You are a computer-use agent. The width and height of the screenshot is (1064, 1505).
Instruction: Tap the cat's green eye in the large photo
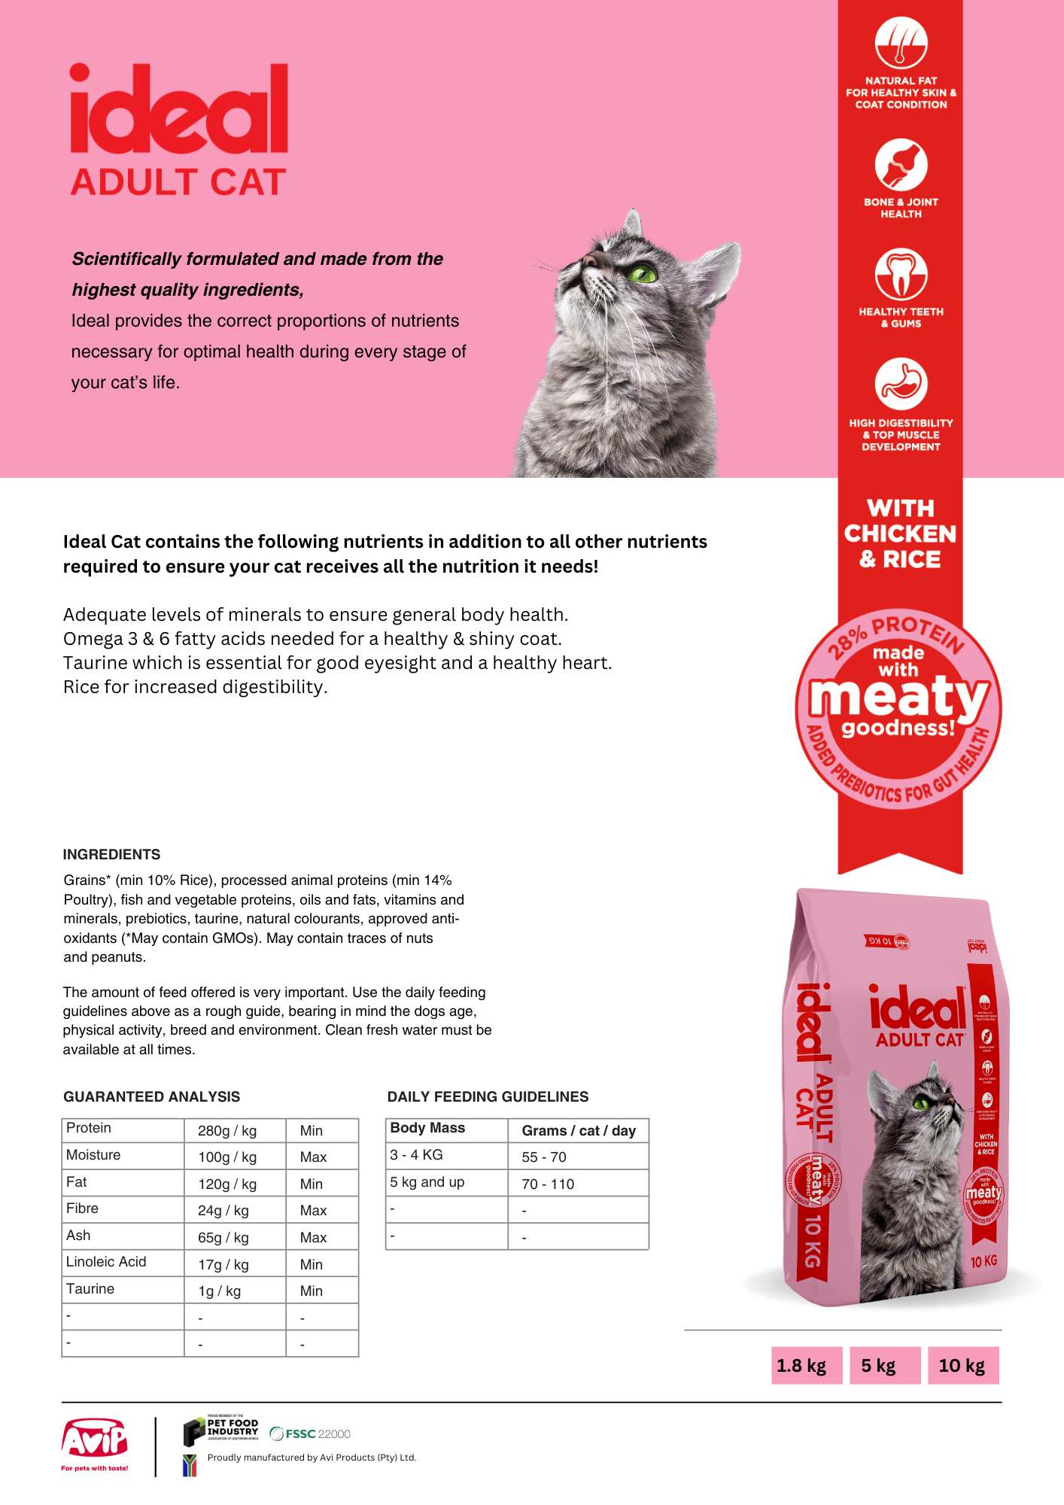pyautogui.click(x=642, y=272)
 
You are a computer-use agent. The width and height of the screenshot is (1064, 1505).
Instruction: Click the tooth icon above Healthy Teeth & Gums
pyautogui.click(x=901, y=274)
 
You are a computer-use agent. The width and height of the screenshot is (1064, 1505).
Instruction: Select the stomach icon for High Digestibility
pyautogui.click(x=901, y=384)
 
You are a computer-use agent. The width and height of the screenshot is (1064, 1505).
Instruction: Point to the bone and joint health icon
pyautogui.click(x=901, y=165)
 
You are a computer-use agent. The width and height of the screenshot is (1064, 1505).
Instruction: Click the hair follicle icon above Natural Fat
pyautogui.click(x=901, y=43)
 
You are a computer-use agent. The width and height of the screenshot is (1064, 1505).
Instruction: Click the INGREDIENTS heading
pyautogui.click(x=111, y=854)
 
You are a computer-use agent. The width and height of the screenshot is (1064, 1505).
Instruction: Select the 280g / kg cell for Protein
pyautogui.click(x=227, y=1130)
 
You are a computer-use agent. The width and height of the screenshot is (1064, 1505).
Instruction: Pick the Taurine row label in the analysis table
pyautogui.click(x=90, y=1289)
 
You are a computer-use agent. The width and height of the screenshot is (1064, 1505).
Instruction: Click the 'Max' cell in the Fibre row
pyautogui.click(x=313, y=1210)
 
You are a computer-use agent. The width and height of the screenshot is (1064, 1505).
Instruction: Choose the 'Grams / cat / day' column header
pyautogui.click(x=579, y=1130)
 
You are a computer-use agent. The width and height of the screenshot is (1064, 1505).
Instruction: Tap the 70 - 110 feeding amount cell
pyautogui.click(x=548, y=1184)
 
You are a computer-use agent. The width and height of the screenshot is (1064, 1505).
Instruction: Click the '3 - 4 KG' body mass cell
pyautogui.click(x=416, y=1155)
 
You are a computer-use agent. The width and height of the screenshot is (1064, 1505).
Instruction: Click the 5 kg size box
pyautogui.click(x=878, y=1366)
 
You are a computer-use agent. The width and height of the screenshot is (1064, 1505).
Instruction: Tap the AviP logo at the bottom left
pyautogui.click(x=95, y=1442)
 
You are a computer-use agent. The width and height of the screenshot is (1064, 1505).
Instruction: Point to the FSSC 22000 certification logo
pyautogui.click(x=309, y=1434)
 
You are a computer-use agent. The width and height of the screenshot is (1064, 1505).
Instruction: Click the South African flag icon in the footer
pyautogui.click(x=190, y=1465)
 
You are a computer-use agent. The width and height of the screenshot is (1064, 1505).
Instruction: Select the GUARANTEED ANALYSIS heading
pyautogui.click(x=151, y=1096)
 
